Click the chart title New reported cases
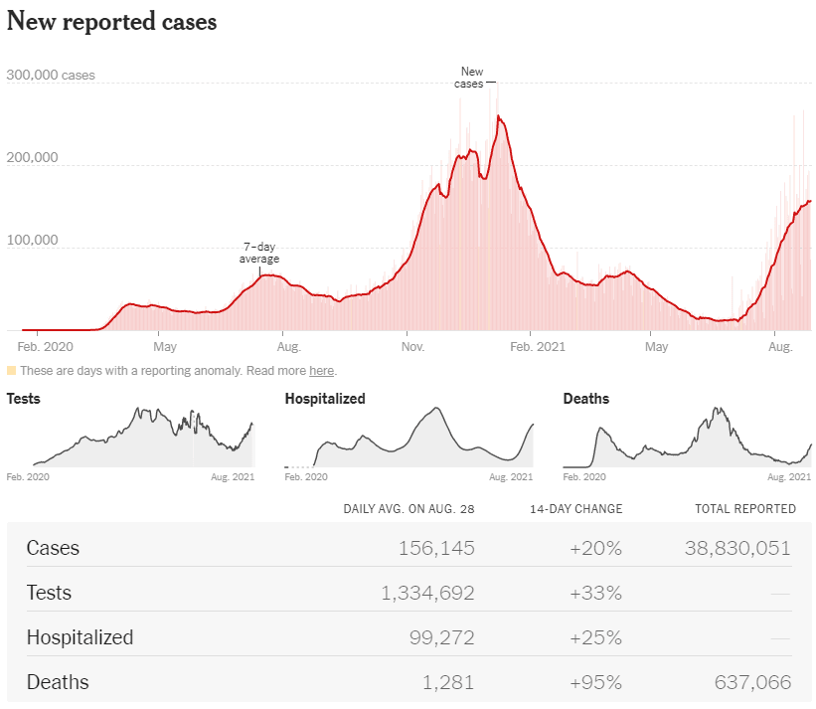[x=112, y=22]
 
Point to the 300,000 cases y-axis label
[x=51, y=75]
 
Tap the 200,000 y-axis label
[x=32, y=157]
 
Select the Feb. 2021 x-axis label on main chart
[x=538, y=347]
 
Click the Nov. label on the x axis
[x=412, y=347]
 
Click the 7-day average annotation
[x=259, y=253]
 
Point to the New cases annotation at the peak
[x=469, y=78]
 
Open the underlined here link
[x=322, y=371]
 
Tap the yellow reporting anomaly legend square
[x=12, y=371]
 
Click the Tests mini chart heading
[x=24, y=399]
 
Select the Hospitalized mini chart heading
[x=325, y=399]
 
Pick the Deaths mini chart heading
[x=586, y=399]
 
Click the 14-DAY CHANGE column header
[x=576, y=508]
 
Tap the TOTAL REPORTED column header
[x=745, y=508]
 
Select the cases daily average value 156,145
[x=436, y=548]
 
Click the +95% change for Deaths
[x=596, y=682]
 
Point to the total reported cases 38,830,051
[x=737, y=548]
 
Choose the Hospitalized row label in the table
[x=81, y=637]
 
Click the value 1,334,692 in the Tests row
[x=427, y=593]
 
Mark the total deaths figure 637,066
[x=752, y=682]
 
